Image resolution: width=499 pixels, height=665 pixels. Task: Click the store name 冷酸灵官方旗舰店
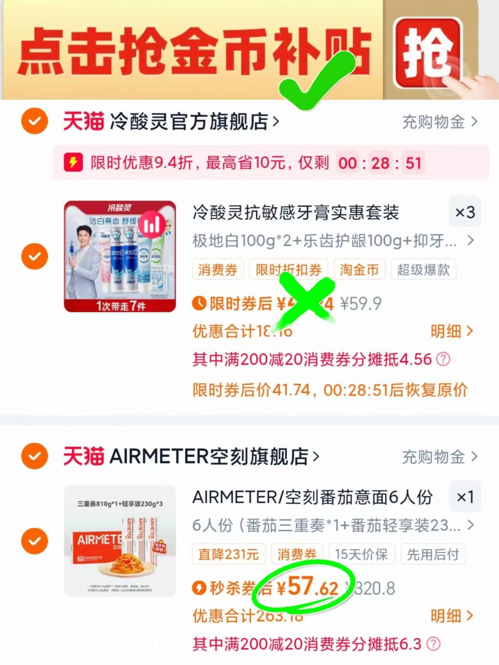point(189,122)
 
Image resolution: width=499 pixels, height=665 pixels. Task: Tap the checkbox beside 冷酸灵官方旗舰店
point(35,121)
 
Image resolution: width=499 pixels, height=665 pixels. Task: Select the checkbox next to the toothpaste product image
point(35,256)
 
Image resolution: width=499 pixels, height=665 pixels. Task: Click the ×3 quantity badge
point(465,212)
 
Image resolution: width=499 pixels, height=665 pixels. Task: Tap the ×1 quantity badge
point(465,497)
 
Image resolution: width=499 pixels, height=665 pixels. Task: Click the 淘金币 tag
point(359,270)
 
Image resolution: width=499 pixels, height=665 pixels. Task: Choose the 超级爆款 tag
point(423,270)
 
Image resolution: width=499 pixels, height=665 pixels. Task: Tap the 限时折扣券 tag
point(288,270)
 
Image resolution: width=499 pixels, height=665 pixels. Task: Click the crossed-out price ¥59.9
point(360,304)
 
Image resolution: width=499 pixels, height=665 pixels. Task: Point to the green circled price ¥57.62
point(307,587)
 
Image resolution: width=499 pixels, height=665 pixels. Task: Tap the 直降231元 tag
point(229,554)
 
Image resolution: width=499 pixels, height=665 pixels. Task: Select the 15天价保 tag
point(361,554)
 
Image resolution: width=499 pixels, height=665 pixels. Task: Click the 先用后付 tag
point(433,554)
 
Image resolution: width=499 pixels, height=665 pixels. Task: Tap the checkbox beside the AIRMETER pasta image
point(35,541)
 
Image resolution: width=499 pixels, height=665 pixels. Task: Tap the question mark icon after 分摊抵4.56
point(443,359)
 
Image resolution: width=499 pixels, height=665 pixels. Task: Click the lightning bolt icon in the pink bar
point(73,163)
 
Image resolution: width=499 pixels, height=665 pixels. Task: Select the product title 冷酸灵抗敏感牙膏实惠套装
point(296,213)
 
